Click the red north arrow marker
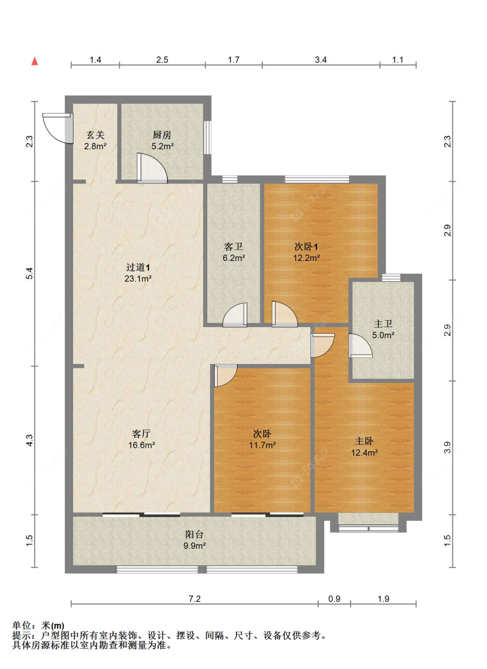[35, 61]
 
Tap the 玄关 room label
[95, 141]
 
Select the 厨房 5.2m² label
[162, 141]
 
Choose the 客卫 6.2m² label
[234, 252]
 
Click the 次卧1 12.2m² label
[306, 252]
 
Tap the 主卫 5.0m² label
[383, 329]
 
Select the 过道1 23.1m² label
[138, 273]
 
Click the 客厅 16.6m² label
[142, 439]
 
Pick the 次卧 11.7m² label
[262, 439]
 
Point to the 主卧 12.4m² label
[364, 447]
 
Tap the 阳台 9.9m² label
[194, 540]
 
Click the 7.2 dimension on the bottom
[195, 599]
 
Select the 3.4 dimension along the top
[321, 60]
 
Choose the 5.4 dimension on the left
[29, 273]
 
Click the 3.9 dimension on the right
[447, 447]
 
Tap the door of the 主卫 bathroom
[360, 346]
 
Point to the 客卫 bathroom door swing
[235, 315]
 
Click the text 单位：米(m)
[38, 625]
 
